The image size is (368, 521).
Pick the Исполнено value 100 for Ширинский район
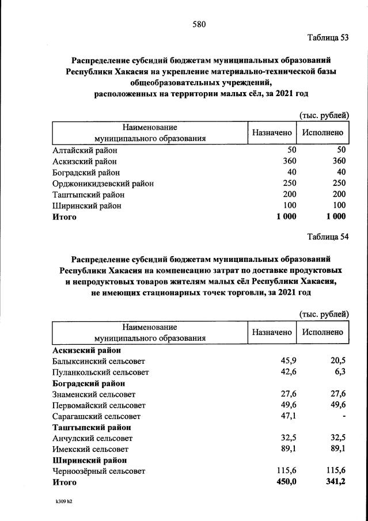(339, 206)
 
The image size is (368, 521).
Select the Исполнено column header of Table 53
(323, 133)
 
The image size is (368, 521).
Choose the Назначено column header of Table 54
(272, 332)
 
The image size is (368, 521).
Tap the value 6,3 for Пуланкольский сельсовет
(340, 372)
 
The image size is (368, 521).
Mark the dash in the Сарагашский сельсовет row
(344, 416)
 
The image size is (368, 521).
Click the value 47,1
(287, 416)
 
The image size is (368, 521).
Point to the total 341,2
(335, 482)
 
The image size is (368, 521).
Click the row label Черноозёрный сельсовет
(98, 471)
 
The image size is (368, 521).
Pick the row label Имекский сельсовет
(90, 449)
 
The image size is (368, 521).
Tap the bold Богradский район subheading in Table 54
(89, 383)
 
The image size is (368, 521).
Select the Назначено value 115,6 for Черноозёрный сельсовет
(284, 471)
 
